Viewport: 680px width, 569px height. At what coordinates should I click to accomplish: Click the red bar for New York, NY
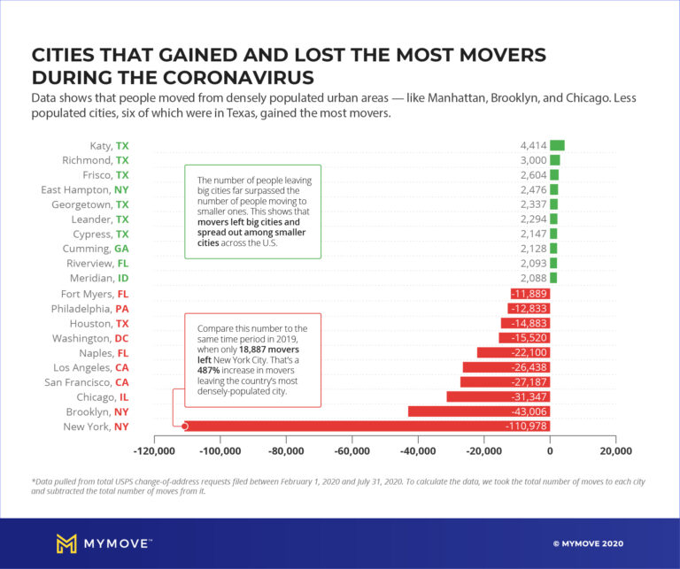point(354,427)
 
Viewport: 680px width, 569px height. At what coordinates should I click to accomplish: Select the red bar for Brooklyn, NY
point(478,411)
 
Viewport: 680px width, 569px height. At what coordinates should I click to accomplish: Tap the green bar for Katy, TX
point(557,146)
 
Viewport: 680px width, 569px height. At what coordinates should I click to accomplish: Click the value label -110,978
point(522,427)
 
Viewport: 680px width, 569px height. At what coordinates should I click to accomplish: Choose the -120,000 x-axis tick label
point(154,451)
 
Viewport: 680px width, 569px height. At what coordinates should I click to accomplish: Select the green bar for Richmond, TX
point(555,160)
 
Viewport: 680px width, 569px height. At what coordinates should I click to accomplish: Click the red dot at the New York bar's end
point(185,427)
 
